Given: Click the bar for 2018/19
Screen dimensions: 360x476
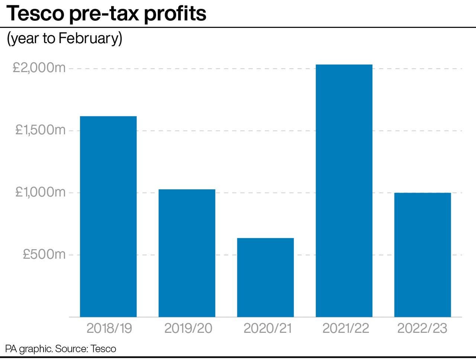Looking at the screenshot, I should click(108, 216).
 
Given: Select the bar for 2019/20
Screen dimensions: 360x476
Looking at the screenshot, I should click(187, 253).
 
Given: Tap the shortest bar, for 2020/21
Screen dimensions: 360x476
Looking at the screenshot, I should click(265, 277).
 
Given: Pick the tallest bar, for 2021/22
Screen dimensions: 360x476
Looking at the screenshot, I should click(344, 190).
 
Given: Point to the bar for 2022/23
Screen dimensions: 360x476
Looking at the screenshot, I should click(422, 255).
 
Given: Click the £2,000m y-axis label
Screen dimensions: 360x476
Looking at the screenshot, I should click(39, 68).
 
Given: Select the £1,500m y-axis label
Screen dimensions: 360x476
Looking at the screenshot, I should click(40, 130).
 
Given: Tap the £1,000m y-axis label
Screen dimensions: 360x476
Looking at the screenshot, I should click(40, 192).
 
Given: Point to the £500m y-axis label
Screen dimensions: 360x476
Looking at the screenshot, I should click(44, 254).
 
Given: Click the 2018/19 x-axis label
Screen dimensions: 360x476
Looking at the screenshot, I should click(109, 328).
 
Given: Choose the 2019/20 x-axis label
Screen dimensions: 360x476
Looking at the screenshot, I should click(188, 328).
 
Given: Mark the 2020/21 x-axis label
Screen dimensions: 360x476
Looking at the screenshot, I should click(267, 328).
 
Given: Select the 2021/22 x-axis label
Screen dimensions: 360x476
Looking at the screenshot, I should click(345, 328).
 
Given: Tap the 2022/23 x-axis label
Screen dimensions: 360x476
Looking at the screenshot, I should click(422, 328).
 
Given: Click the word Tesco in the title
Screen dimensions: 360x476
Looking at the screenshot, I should click(35, 13).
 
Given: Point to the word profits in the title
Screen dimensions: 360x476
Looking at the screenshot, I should click(175, 13).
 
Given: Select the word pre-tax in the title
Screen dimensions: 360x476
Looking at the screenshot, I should click(104, 14).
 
